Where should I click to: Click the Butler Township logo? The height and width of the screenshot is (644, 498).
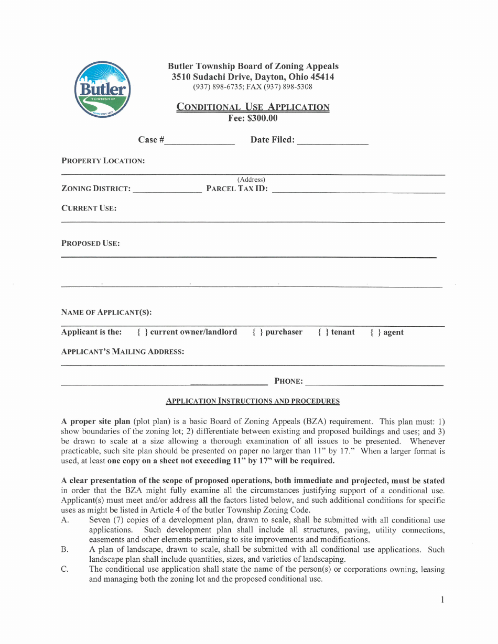pos(102,90)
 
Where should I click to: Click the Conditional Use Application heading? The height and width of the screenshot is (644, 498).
pos(253,107)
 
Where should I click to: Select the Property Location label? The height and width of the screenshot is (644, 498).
pos(103,161)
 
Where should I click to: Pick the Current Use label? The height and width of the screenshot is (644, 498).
pos(89,208)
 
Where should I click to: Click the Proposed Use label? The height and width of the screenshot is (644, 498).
pos(91,243)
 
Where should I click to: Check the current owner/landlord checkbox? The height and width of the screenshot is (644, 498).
pos(142,332)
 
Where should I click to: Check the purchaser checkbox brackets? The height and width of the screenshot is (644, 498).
pos(257,332)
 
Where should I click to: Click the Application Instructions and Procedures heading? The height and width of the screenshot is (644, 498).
pos(253,401)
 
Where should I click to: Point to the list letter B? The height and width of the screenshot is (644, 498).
pos(65,550)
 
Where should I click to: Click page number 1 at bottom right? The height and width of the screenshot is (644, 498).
pos(442,600)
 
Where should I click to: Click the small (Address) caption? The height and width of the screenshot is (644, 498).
pos(251,180)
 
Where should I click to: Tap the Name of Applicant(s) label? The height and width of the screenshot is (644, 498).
pos(106,313)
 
